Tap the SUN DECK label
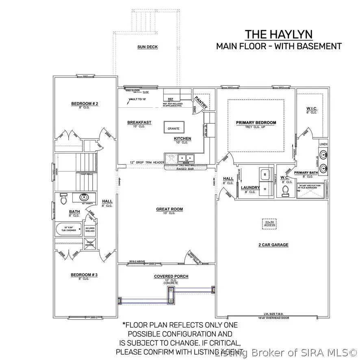pyautogui.click(x=147, y=47)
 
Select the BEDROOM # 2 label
pyautogui.click(x=85, y=104)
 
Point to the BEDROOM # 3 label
pyautogui.click(x=84, y=275)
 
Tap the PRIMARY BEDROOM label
pyautogui.click(x=256, y=123)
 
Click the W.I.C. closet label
pyautogui.click(x=311, y=109)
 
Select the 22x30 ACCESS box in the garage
pyautogui.click(x=270, y=224)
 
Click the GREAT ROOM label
pyautogui.click(x=169, y=209)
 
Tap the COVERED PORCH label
pyautogui.click(x=171, y=276)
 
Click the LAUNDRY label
pyautogui.click(x=250, y=188)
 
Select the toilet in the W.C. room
pyautogui.click(x=286, y=189)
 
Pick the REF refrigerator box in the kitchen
pyautogui.click(x=171, y=98)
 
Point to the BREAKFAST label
pyautogui.click(x=139, y=122)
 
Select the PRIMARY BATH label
pyautogui.click(x=306, y=173)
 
